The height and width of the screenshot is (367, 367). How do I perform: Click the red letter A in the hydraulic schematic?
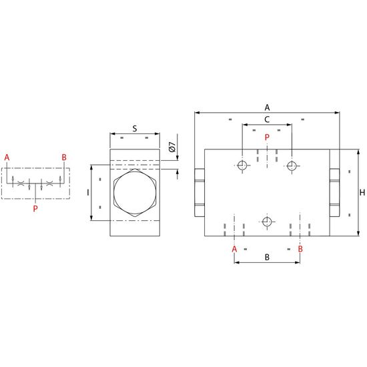[7, 157]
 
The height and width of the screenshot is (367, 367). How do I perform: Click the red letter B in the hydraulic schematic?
[64, 157]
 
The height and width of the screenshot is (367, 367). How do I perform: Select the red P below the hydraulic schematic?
[35, 208]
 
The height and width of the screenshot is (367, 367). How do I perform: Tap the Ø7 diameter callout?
[172, 147]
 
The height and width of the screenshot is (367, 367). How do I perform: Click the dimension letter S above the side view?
[135, 129]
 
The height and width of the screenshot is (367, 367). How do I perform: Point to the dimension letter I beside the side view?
[88, 192]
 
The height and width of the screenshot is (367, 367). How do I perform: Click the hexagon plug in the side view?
[135, 192]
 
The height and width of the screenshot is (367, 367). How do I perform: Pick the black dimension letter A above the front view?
[267, 107]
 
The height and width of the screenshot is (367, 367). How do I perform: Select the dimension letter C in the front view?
[267, 119]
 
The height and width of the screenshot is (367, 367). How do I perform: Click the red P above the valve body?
[267, 137]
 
